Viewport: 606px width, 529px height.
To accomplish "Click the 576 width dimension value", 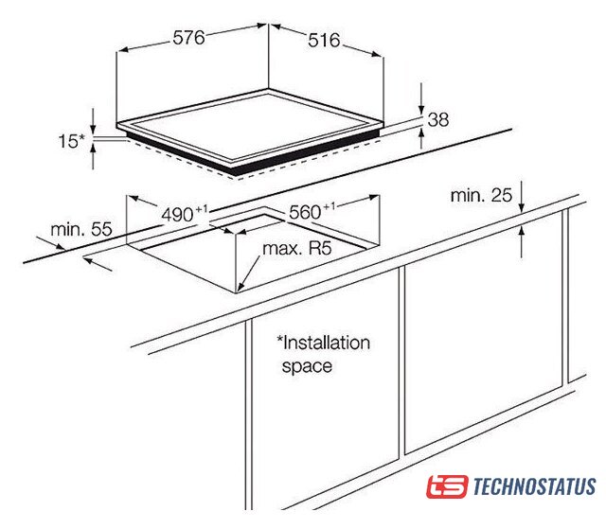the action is coord(188,38).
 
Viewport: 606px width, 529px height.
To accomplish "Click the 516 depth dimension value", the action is coord(324,41).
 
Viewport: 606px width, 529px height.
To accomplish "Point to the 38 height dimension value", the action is coord(438,119).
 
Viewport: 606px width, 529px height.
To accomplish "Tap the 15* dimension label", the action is coord(71,141).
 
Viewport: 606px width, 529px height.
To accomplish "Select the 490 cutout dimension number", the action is coord(177,214).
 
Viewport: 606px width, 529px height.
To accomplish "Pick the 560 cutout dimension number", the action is coord(305,212).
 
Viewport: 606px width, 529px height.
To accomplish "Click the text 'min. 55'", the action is coord(81,229).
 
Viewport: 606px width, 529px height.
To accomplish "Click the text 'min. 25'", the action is coord(481,195).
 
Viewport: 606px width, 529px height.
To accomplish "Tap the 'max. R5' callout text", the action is coord(296,248).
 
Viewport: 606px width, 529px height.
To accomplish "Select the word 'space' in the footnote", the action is coord(307,366).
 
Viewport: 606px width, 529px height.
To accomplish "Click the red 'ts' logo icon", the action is coord(447,486).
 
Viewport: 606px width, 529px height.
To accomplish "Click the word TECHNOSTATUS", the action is coord(534,486).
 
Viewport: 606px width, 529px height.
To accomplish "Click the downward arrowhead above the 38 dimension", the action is coord(421,110).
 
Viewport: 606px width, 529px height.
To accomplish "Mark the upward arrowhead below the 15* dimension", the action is coord(93,149).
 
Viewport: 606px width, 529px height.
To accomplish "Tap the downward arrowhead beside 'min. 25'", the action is coord(522,208).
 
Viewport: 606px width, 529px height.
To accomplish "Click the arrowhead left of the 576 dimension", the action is coord(122,50).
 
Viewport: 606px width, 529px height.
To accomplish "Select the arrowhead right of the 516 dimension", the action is coord(377,54).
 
